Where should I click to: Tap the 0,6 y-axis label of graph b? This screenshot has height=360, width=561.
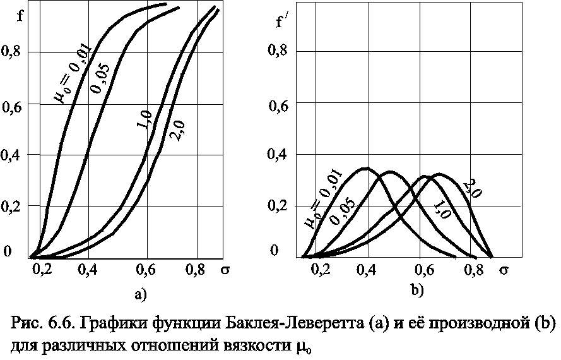click(281, 106)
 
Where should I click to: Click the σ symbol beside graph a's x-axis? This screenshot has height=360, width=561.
click(225, 270)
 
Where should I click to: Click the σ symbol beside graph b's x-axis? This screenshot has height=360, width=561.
click(504, 272)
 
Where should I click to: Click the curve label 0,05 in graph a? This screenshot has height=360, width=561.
click(99, 78)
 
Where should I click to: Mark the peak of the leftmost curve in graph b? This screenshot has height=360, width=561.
click(366, 168)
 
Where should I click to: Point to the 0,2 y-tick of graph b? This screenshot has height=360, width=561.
click(281, 206)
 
